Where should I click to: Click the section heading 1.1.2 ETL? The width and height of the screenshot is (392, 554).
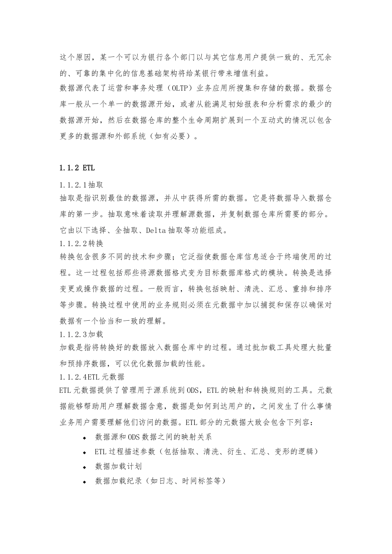77,168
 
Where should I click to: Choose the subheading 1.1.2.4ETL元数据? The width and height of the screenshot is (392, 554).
92,376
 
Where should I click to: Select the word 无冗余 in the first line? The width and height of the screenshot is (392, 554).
320,57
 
